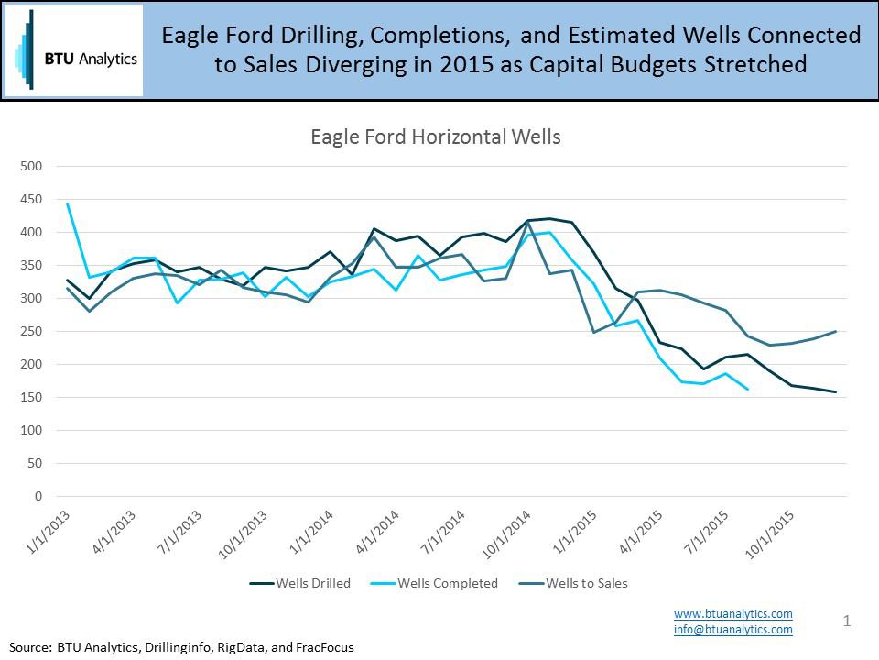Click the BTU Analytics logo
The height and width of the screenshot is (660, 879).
pos(74,50)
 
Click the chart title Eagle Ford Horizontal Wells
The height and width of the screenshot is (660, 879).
pos(435,137)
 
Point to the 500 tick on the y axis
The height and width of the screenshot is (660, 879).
pos(32,167)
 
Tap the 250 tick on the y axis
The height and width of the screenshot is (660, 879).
pos(32,332)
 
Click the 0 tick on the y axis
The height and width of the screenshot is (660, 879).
pos(38,497)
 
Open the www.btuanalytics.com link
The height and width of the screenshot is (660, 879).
pos(733,613)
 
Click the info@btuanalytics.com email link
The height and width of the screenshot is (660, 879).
pos(733,630)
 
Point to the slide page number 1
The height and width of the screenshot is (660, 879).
pos(847,621)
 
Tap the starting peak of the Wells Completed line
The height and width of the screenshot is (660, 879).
pos(68,203)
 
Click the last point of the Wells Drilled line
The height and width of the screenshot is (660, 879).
pos(835,392)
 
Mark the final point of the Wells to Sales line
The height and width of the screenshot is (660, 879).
pos(835,332)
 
